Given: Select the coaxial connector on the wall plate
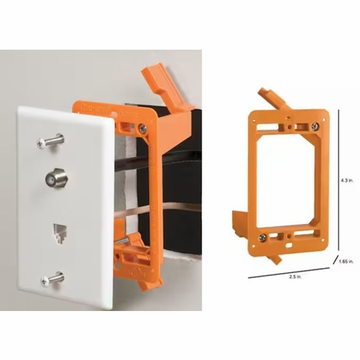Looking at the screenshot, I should [x=55, y=176].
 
